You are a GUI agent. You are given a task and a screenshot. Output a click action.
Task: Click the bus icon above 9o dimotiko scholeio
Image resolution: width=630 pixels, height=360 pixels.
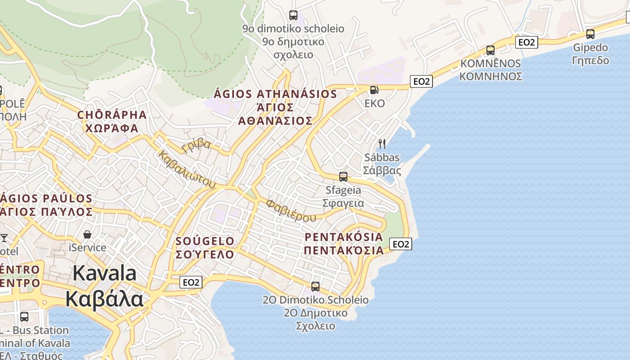[293, 15]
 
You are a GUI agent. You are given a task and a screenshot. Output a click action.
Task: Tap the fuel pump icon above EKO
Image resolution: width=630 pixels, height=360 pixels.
[374, 90]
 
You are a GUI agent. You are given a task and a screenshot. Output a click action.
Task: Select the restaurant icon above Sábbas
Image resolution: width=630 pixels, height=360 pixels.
[382, 144]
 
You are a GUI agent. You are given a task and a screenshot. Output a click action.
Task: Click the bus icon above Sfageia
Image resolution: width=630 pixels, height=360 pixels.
[343, 177]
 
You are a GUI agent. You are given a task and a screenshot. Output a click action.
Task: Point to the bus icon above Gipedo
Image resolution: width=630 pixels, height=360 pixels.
[590, 34]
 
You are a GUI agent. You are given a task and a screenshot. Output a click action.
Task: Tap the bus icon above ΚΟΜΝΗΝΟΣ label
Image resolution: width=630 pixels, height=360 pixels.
[490, 50]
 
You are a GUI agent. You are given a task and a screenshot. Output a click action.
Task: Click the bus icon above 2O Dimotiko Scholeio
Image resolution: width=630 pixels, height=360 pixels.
[315, 287]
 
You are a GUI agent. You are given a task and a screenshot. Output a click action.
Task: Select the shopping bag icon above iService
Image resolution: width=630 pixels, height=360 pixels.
[87, 234]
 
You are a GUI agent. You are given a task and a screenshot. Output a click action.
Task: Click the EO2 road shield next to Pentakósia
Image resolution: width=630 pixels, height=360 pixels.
[400, 244]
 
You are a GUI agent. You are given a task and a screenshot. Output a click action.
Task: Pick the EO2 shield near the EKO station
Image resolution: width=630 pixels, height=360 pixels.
[422, 81]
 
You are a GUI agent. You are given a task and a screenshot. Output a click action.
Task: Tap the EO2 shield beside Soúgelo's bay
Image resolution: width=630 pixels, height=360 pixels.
[191, 282]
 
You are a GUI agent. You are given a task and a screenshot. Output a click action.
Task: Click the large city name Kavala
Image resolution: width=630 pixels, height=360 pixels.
[104, 273]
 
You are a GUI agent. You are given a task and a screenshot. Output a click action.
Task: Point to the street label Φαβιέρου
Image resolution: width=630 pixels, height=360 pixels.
[291, 210]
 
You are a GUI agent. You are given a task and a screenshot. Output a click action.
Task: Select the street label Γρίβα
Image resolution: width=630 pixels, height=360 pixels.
[196, 145]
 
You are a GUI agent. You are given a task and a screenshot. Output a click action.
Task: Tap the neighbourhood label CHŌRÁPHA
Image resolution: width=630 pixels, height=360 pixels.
[112, 115]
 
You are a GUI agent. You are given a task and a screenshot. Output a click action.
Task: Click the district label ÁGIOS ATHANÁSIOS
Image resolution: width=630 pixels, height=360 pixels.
[275, 94]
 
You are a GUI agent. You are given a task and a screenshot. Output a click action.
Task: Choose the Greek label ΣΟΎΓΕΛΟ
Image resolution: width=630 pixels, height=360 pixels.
[205, 254]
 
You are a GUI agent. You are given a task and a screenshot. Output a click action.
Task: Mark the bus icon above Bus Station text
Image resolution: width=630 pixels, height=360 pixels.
[24, 317]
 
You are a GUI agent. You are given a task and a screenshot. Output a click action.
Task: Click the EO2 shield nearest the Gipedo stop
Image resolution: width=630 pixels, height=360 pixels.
[526, 42]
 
